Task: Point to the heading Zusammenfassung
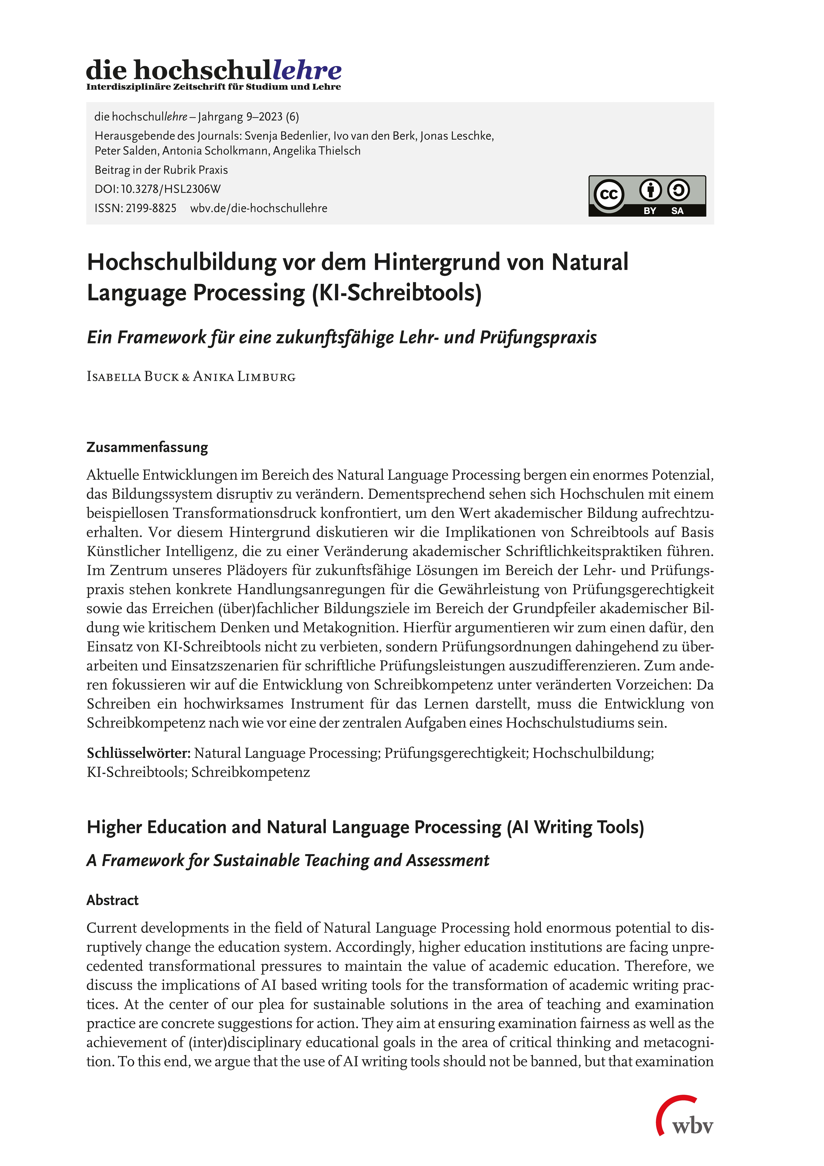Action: coord(147,448)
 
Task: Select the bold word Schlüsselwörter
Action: coord(138,753)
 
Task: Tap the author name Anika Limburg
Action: coord(244,377)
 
